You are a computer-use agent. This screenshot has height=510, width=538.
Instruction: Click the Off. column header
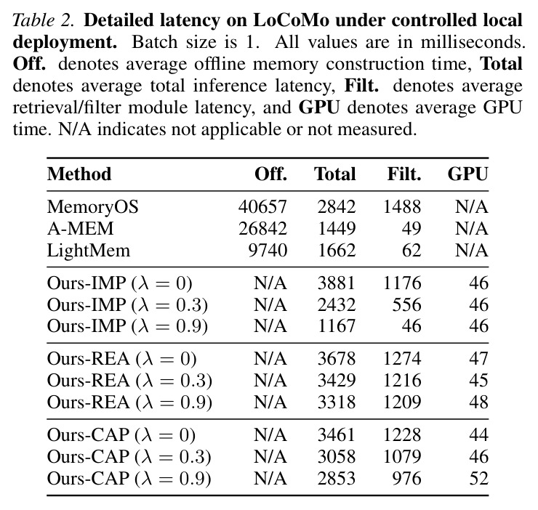click(x=270, y=174)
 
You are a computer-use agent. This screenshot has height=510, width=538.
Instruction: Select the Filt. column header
click(x=404, y=174)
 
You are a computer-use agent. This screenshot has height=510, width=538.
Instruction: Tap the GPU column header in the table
click(x=467, y=174)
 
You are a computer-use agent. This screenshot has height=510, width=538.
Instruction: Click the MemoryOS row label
click(x=92, y=207)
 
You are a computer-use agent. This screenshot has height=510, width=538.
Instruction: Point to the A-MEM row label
click(x=80, y=228)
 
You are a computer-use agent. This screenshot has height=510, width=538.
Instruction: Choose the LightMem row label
click(x=89, y=251)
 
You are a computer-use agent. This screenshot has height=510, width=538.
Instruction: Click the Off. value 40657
click(x=262, y=207)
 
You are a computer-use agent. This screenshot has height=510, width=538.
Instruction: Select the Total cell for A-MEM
click(x=337, y=228)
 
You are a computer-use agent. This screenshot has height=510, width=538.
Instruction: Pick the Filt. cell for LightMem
click(x=411, y=251)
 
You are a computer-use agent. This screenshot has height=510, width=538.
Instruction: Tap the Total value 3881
click(x=336, y=283)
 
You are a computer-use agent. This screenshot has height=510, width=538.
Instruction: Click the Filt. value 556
click(x=406, y=304)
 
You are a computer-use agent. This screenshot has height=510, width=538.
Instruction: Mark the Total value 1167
click(x=337, y=325)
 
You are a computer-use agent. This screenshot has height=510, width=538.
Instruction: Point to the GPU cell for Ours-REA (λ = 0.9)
click(x=478, y=402)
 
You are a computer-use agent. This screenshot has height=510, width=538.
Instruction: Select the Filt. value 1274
click(x=402, y=359)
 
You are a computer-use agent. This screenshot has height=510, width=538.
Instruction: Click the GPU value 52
click(x=478, y=478)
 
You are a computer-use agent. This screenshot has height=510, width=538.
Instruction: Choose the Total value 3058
click(x=336, y=456)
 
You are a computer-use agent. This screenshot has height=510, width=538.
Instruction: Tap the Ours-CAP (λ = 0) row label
click(x=121, y=435)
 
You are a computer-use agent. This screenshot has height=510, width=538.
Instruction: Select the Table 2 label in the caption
click(x=43, y=20)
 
